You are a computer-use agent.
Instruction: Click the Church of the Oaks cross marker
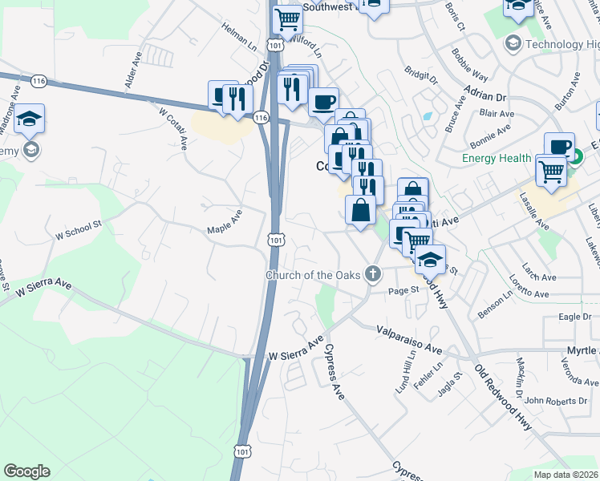[x=372, y=275]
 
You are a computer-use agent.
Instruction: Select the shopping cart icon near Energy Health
[x=551, y=170]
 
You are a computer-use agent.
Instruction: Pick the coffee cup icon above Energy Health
[x=559, y=146]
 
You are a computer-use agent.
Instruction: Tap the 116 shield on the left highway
[x=38, y=81]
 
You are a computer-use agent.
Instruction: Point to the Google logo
[x=26, y=471]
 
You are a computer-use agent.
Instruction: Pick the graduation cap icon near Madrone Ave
[x=30, y=119]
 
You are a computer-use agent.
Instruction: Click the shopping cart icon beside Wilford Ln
[x=286, y=18]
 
